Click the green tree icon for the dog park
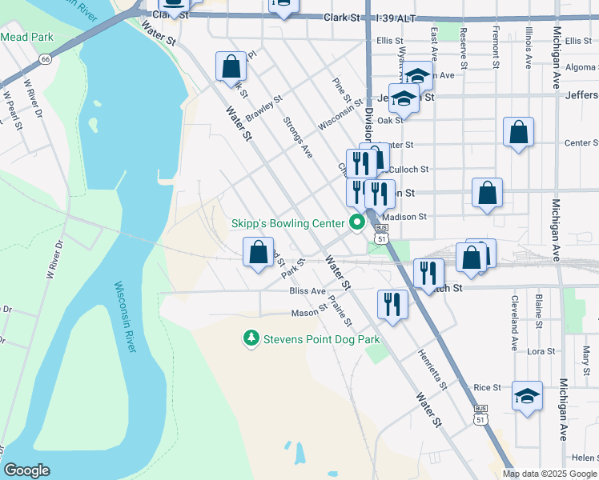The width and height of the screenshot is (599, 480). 251,339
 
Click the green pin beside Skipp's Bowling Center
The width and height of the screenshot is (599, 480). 358,222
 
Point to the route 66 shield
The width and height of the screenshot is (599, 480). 46,58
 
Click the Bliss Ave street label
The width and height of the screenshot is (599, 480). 308,291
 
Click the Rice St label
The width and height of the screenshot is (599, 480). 487,387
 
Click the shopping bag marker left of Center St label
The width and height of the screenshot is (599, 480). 519,133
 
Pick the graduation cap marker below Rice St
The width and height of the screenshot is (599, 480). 527,396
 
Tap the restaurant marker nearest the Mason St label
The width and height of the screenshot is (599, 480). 392,304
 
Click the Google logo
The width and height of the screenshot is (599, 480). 27,470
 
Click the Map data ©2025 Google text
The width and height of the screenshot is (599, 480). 549,474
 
